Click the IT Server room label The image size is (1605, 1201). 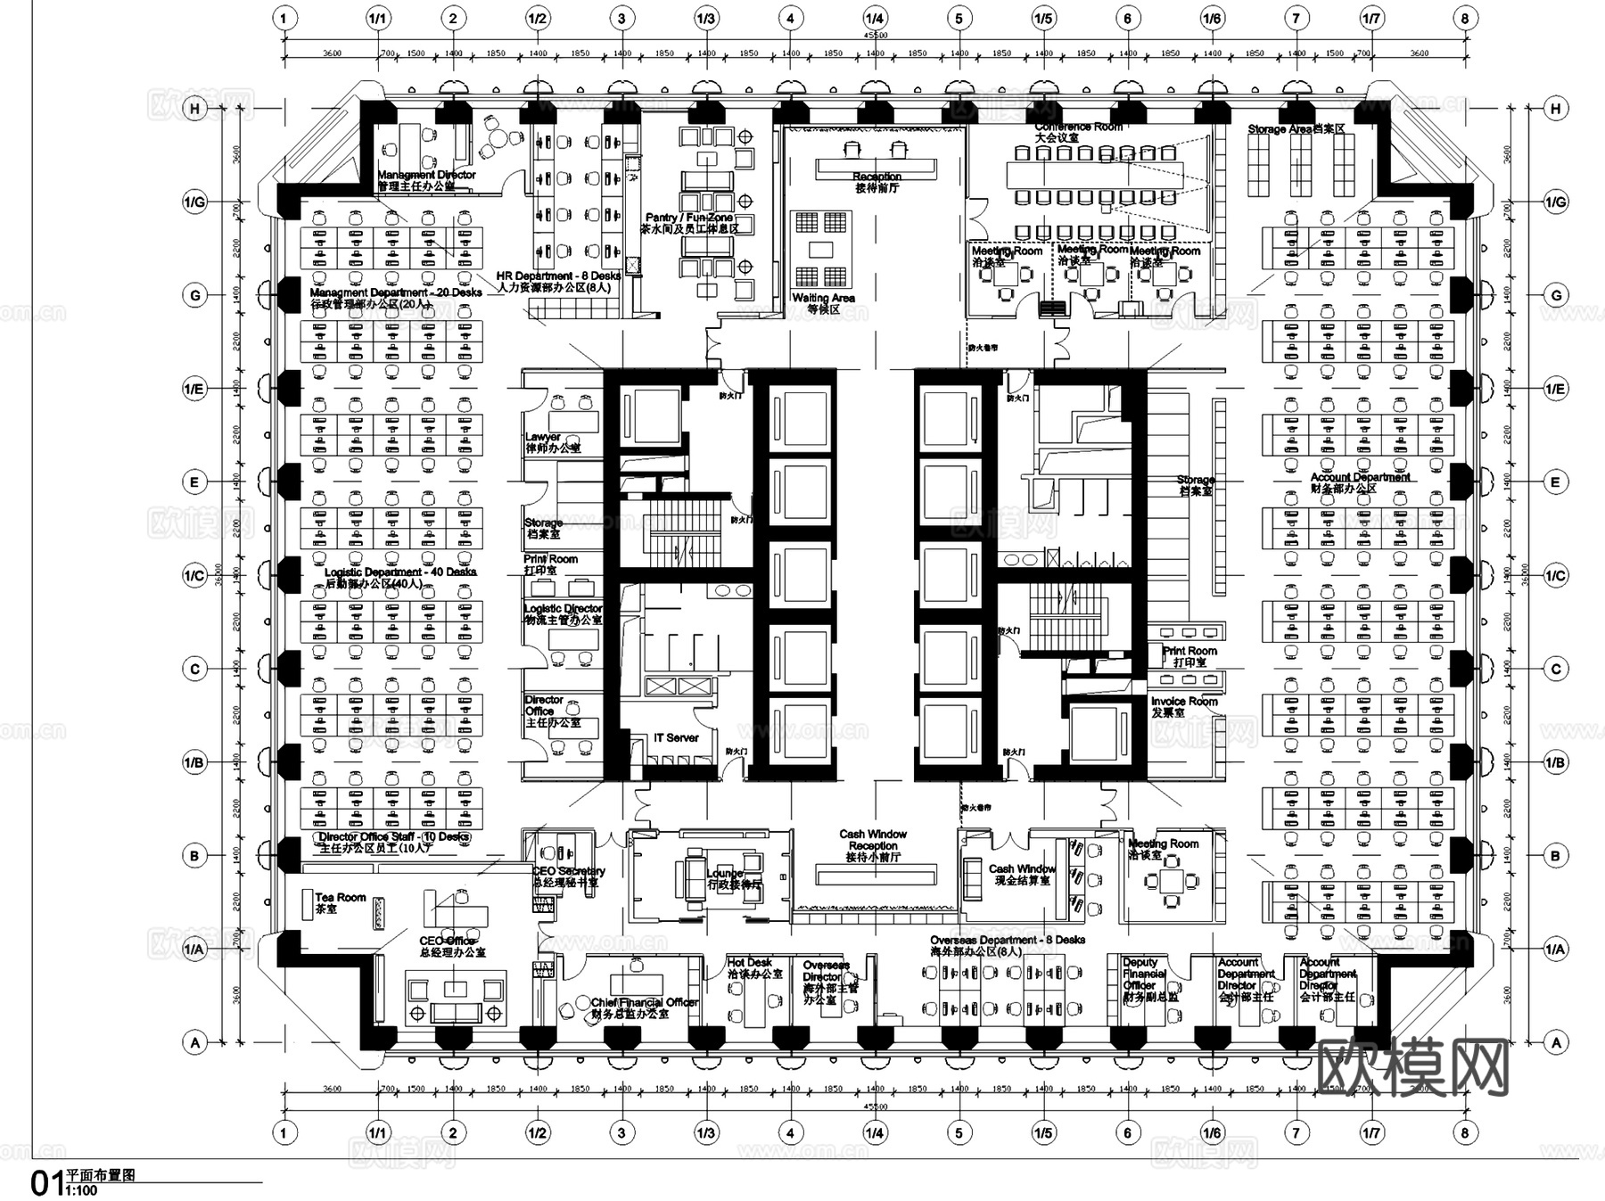tap(676, 738)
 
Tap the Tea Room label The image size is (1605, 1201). tap(340, 898)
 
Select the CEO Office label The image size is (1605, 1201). tap(448, 942)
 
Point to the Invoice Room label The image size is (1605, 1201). tap(1183, 703)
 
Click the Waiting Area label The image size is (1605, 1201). tap(823, 299)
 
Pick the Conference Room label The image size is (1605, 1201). tap(1078, 128)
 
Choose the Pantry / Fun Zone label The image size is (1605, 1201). tap(689, 218)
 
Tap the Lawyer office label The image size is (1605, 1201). tap(543, 438)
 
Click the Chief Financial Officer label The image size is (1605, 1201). tap(644, 1003)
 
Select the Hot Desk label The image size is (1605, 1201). tap(749, 963)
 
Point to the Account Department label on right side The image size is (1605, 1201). tap(1360, 478)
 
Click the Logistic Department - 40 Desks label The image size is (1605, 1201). tap(400, 572)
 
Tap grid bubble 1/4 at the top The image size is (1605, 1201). tap(875, 18)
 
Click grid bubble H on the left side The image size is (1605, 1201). tap(194, 109)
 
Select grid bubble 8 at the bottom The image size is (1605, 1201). tap(1465, 1133)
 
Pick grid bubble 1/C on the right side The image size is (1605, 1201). tap(1556, 576)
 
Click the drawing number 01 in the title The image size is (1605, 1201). tap(45, 1184)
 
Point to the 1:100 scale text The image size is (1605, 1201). tap(82, 1191)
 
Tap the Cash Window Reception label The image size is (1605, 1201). tap(873, 840)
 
